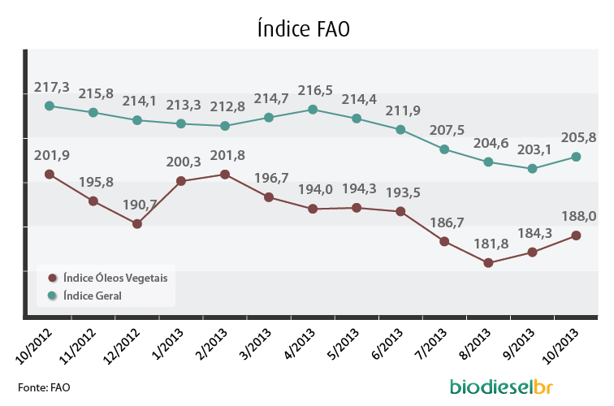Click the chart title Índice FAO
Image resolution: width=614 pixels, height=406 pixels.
pos(304,28)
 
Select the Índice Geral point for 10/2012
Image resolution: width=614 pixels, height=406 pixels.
pos(50,106)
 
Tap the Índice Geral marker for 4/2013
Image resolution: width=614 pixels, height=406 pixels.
pos(313,110)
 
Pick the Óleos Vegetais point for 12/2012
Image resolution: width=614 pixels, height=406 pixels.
pos(137,224)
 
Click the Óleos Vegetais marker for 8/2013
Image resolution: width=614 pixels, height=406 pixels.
pos(488,263)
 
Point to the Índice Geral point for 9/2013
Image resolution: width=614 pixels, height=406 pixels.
pos(532,169)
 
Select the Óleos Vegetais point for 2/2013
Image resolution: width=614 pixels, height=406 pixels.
pos(225,175)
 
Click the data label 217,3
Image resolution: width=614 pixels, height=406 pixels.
pos(52,88)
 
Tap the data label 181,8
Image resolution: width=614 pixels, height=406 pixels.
pos(491,244)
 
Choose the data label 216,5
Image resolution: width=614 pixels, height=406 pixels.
pos(315,90)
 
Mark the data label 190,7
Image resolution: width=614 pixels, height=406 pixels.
pos(140,205)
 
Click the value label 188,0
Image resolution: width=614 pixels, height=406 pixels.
pos(579,216)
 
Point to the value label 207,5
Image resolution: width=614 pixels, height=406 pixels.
pos(447,130)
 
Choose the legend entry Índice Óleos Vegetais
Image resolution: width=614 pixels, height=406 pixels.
pos(108,278)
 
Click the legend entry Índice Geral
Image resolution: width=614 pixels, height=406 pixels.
pos(84,296)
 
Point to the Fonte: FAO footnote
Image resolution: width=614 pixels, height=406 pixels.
pos(44,387)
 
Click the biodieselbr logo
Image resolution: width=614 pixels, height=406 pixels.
pos(502,387)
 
